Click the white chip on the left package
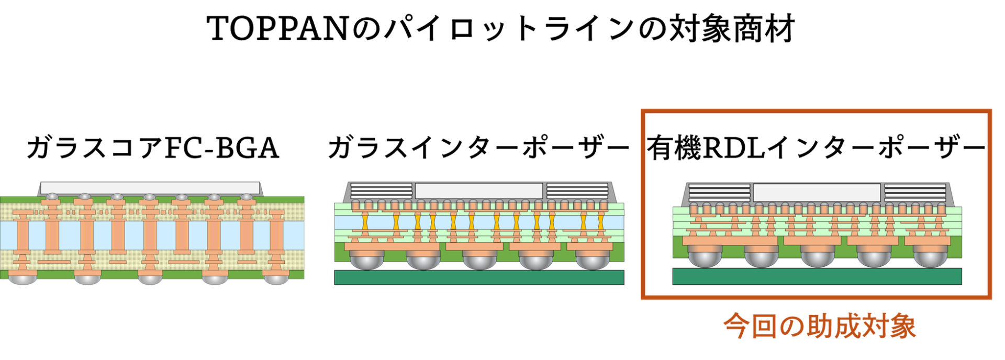click(150, 187)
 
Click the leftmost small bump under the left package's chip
click(52, 196)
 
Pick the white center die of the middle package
click(479, 191)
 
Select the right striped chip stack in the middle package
click(577, 191)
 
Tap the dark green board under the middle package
click(479, 277)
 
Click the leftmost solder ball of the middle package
click(366, 260)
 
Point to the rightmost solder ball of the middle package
click(593, 260)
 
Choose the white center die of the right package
click(817, 193)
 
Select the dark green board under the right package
click(817, 276)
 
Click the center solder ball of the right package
click(818, 257)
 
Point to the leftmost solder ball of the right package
click(705, 257)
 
